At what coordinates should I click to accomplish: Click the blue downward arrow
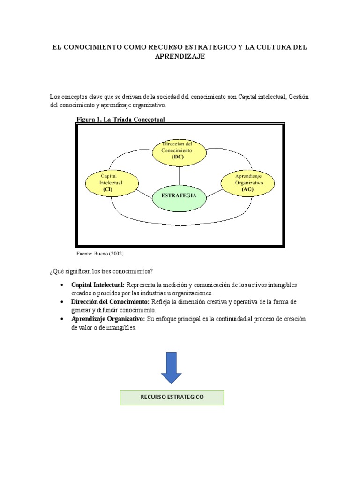(x=171, y=367)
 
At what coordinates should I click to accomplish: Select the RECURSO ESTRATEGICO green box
(x=172, y=397)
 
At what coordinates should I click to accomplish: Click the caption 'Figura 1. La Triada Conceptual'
(x=120, y=120)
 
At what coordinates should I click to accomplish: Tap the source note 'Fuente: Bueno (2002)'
(x=100, y=253)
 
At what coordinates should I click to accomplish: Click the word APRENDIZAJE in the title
(x=180, y=56)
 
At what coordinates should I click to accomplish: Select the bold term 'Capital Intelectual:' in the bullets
(x=98, y=285)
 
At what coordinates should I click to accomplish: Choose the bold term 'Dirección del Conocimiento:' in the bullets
(x=110, y=302)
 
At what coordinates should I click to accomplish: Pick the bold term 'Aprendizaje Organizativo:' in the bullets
(x=108, y=319)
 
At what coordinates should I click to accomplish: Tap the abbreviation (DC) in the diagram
(x=179, y=157)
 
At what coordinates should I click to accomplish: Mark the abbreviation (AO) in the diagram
(x=248, y=189)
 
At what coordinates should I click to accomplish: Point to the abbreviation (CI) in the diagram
(x=107, y=189)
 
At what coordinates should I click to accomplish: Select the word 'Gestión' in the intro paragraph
(x=299, y=97)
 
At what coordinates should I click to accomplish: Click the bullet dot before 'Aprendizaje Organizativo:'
(x=62, y=319)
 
